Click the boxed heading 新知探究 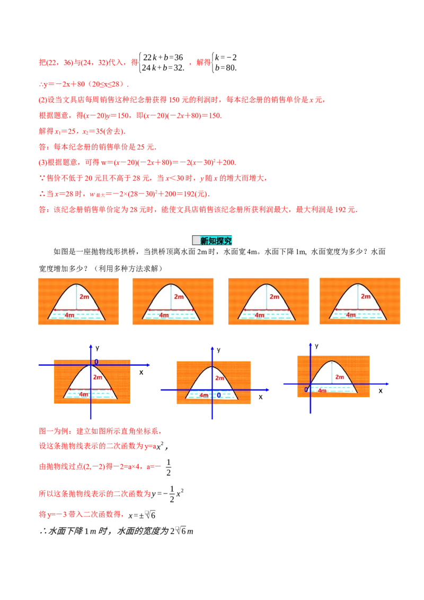click(212, 240)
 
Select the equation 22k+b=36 click(163, 57)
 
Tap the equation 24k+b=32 click(163, 68)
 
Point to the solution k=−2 click(226, 57)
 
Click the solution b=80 click(226, 68)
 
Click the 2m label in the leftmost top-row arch click(84, 297)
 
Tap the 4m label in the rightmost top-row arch click(351, 315)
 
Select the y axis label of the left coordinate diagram click(98, 348)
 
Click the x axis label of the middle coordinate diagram click(261, 397)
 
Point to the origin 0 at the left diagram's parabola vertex click(96, 361)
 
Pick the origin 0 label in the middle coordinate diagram click(219, 395)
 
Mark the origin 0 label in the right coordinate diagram click(306, 390)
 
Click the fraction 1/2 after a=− click(169, 467)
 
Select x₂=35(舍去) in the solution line click(104, 131)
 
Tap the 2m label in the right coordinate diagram click(339, 377)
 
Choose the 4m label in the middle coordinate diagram click(204, 395)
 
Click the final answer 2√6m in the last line click(182, 531)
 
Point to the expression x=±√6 click(142, 515)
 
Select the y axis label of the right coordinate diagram click(316, 346)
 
